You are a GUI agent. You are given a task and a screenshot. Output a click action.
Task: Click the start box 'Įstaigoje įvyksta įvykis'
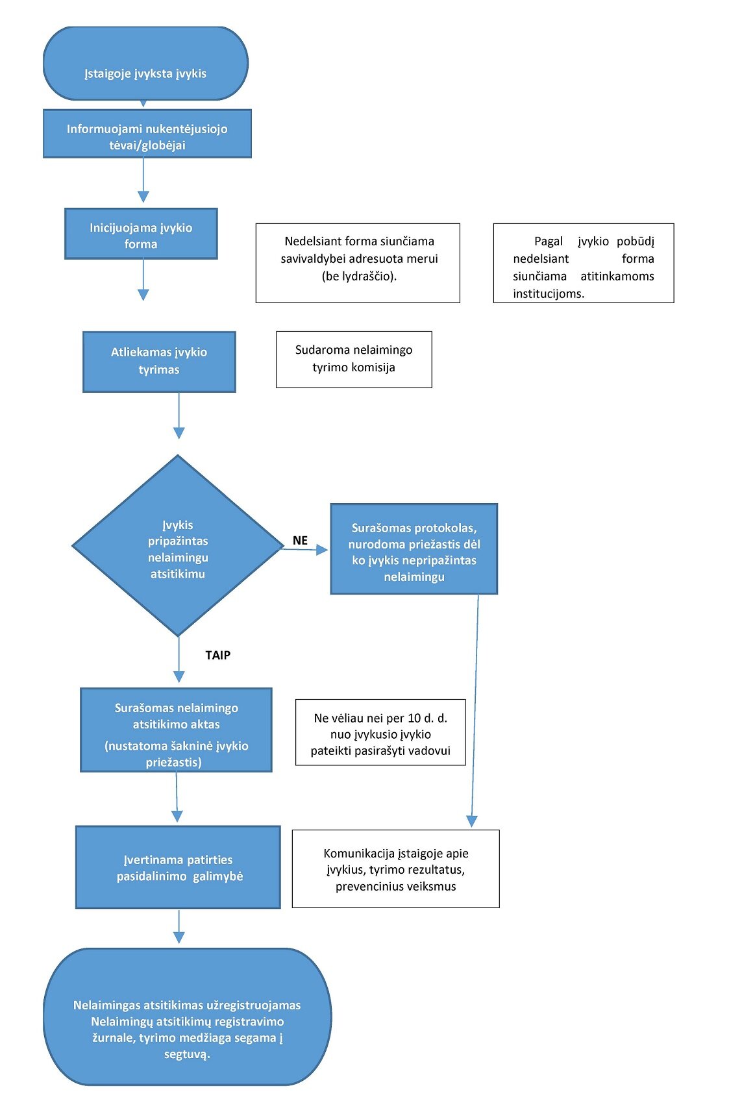(145, 63)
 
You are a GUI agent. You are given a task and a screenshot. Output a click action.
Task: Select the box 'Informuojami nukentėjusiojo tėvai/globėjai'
(147, 134)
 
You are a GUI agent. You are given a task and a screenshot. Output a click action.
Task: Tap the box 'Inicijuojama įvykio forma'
(141, 234)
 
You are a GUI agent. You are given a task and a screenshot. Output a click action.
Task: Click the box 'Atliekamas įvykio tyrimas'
(159, 362)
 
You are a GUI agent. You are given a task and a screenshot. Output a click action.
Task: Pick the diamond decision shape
(178, 545)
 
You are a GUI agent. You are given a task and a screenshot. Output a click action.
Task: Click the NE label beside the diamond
(300, 540)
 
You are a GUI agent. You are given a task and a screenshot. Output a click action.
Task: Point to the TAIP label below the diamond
(218, 655)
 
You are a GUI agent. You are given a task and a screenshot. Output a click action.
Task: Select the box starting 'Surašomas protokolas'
(414, 549)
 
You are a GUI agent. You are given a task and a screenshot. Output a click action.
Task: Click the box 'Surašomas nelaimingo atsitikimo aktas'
(176, 730)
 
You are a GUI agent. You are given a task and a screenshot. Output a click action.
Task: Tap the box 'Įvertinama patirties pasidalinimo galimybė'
(178, 867)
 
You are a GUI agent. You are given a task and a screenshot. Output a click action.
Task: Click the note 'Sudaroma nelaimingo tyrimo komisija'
(354, 359)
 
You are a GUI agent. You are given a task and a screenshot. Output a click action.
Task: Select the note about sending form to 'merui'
(358, 263)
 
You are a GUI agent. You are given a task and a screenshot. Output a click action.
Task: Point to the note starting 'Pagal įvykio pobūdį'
(584, 263)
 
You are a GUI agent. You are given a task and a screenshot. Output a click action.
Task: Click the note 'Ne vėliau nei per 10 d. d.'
(380, 732)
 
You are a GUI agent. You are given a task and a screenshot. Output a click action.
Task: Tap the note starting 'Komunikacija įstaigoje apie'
(395, 869)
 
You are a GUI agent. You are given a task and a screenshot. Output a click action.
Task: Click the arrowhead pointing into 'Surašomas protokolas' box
(323, 550)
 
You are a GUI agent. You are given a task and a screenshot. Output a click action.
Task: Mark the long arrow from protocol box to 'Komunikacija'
(475, 710)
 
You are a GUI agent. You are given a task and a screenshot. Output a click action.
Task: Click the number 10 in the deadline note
(415, 718)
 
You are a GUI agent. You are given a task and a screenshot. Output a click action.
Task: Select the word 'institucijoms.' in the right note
(549, 293)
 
